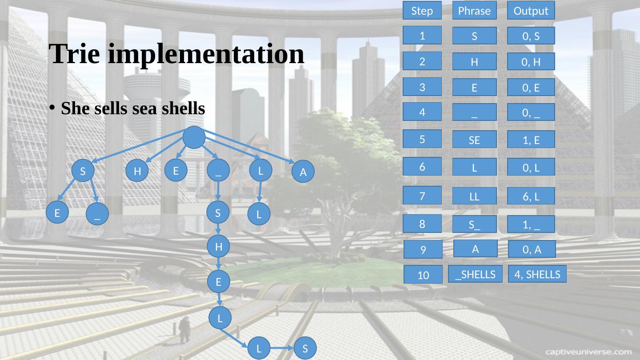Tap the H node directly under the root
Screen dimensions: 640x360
coord(137,171)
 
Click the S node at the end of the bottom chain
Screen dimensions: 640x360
coord(305,348)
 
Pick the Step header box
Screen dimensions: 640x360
coord(422,11)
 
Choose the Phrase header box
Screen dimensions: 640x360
coord(474,11)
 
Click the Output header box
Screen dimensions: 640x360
coord(531,11)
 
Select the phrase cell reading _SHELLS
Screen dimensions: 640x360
coord(475,274)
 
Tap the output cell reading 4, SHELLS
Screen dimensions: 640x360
coord(537,274)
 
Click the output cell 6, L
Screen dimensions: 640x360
coord(531,196)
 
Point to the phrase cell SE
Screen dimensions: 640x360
coord(474,140)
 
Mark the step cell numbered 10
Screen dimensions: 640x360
coord(423,275)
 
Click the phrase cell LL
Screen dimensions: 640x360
coord(474,196)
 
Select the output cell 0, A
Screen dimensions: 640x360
coord(532,249)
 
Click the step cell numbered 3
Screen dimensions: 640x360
coord(422,87)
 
